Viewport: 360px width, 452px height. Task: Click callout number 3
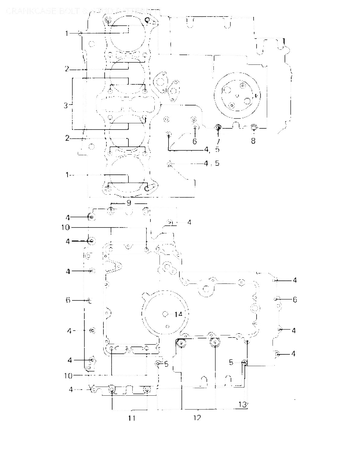[x=65, y=105]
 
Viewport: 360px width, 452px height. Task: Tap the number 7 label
[x=218, y=141]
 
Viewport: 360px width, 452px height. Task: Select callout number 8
[x=253, y=141]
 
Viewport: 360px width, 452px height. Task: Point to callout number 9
[x=129, y=203]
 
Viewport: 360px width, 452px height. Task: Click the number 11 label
[x=131, y=418]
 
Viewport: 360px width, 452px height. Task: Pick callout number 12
[x=197, y=418]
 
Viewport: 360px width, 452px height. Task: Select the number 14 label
[x=178, y=314]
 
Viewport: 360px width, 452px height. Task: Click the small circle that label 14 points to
[x=165, y=314]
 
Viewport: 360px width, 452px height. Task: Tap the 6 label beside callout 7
[x=194, y=141]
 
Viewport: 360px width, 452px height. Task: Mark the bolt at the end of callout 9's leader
[x=111, y=211]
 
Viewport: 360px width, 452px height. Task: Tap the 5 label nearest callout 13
[x=231, y=362]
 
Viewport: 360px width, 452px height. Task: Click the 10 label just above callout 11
[x=68, y=375]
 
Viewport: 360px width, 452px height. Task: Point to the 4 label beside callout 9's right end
[x=189, y=222]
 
